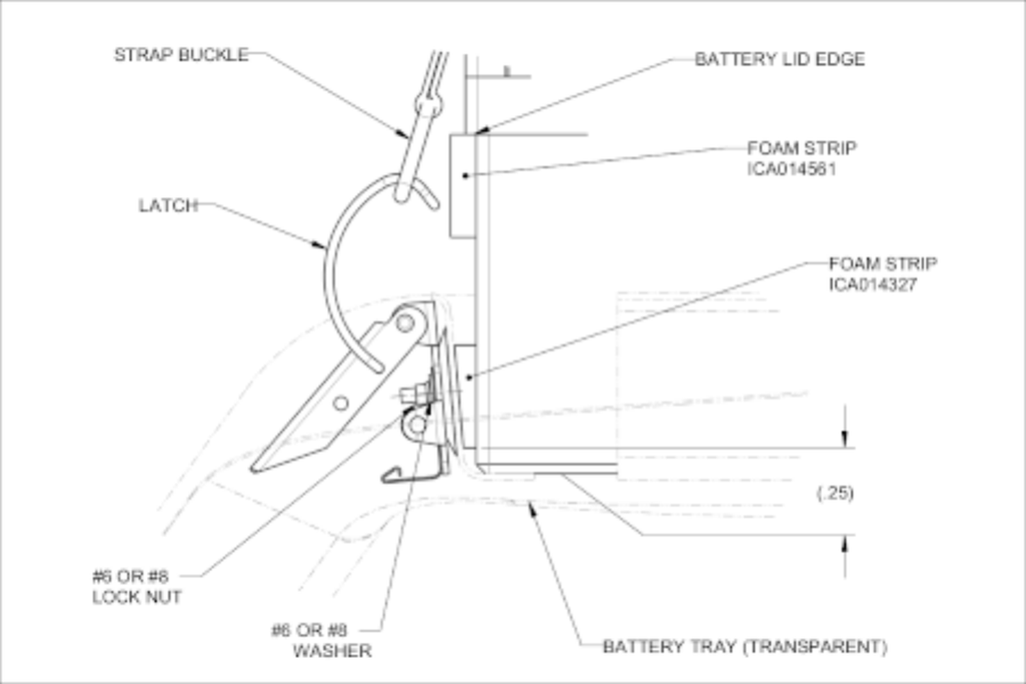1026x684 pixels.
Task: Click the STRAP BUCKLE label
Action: tap(181, 55)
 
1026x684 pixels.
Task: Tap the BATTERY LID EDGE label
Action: tap(779, 60)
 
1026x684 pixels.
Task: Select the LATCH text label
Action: tap(168, 205)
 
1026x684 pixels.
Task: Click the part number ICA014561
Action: tap(791, 169)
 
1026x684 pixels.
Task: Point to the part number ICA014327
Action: tap(872, 285)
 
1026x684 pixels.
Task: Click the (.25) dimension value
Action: tap(834, 492)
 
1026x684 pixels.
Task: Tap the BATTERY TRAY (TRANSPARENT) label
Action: tap(744, 646)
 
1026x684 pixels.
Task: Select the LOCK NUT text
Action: tap(137, 597)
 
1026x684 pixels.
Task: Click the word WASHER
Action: tap(332, 650)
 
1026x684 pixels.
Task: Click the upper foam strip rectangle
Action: tap(462, 186)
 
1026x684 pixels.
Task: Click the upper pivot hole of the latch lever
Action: tap(405, 321)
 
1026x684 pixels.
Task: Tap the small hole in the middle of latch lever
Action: tap(341, 404)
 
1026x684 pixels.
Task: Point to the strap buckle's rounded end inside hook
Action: tap(402, 196)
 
